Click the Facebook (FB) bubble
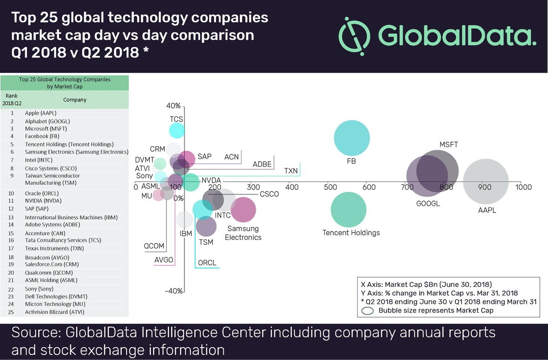click(351, 138)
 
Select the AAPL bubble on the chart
click(485, 181)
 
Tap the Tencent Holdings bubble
click(348, 209)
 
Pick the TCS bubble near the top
click(177, 131)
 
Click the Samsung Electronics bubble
click(243, 209)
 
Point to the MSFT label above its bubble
click(448, 145)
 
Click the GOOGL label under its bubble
click(428, 204)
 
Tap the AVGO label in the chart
click(164, 259)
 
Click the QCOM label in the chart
click(154, 246)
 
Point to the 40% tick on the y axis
click(174, 106)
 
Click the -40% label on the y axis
click(174, 291)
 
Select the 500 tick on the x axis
click(330, 187)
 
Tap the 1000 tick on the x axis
click(523, 187)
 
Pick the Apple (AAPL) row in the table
click(41, 113)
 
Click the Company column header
click(75, 100)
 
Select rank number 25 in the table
click(12, 312)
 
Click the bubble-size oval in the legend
click(369, 311)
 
